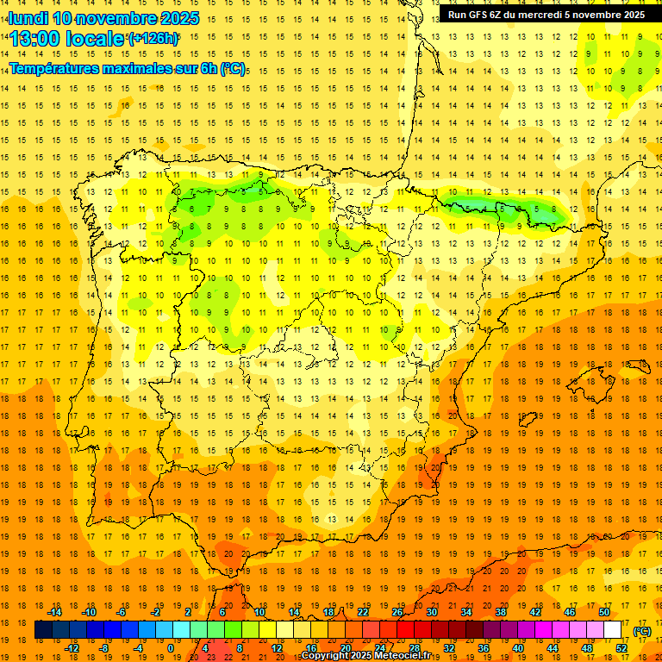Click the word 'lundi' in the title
[x=28, y=18]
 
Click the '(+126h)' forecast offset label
[x=153, y=38]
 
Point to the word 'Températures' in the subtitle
[x=58, y=68]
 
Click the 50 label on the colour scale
[x=603, y=612]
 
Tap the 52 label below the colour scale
[x=621, y=648]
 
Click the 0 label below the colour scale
[x=171, y=648]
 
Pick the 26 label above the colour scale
[x=397, y=612]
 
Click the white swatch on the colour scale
[x=612, y=630]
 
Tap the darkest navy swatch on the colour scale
[x=43, y=630]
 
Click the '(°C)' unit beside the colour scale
[x=641, y=630]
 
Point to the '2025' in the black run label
[x=628, y=15]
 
